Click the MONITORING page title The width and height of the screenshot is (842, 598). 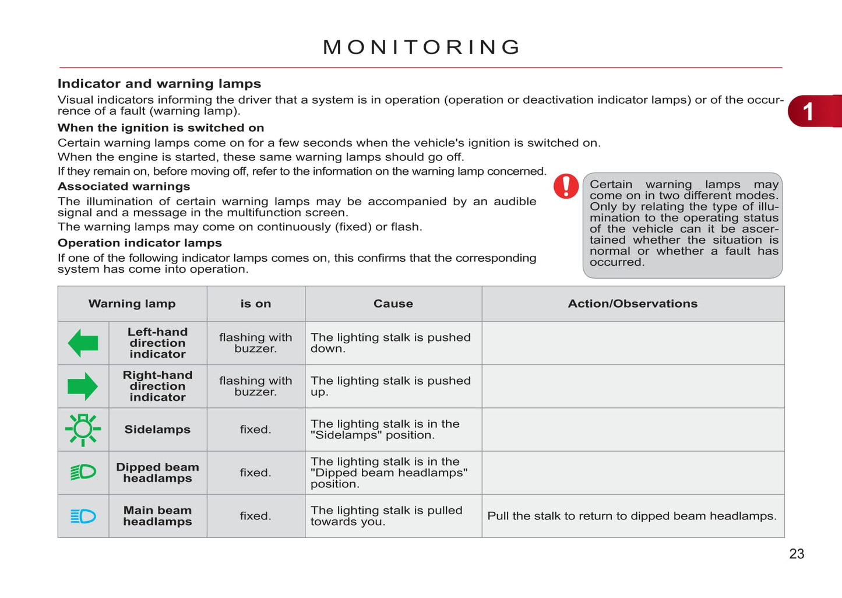[421, 47]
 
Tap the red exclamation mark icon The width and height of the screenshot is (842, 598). [566, 187]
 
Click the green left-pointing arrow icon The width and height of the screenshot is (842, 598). [83, 343]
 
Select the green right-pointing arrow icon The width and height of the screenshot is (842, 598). [83, 386]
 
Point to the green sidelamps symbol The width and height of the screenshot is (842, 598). [83, 430]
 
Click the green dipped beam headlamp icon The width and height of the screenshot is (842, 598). [83, 472]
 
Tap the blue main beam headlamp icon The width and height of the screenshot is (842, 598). [83, 516]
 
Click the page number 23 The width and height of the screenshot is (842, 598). [797, 554]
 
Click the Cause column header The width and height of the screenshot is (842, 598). [393, 304]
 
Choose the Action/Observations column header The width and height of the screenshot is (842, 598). [633, 304]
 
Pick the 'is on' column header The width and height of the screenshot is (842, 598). [256, 304]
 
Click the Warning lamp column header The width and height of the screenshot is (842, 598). [132, 304]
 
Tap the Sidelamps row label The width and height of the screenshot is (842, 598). [157, 430]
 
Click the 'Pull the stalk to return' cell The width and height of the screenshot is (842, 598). [632, 516]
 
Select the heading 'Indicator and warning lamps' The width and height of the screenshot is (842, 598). [159, 84]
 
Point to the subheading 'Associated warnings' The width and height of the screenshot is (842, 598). [124, 187]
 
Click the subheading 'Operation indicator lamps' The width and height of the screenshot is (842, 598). [139, 243]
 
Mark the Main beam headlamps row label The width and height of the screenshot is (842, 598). [157, 516]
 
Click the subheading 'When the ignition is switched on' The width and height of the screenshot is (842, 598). [160, 128]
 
